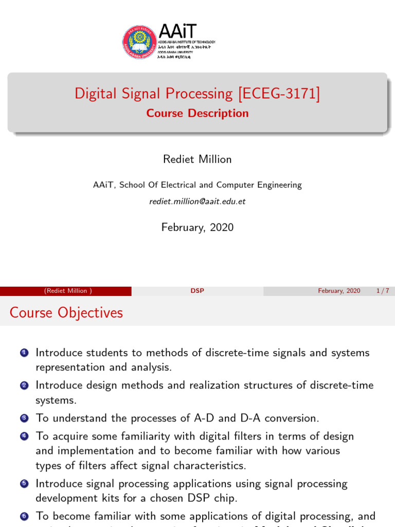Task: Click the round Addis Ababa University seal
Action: click(139, 42)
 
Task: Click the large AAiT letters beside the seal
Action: click(177, 31)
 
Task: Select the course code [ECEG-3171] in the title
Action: click(278, 94)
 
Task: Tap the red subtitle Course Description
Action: click(197, 113)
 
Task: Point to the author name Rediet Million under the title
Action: click(197, 160)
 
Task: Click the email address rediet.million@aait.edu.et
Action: click(197, 202)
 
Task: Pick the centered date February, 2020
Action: click(197, 227)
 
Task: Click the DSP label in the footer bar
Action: click(197, 291)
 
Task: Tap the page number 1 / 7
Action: click(383, 291)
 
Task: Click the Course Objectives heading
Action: click(66, 312)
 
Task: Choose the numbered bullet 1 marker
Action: click(24, 353)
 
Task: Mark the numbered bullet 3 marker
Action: click(24, 417)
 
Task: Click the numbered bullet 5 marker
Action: click(24, 484)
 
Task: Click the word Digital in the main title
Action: click(96, 94)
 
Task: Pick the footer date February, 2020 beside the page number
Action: click(339, 291)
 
